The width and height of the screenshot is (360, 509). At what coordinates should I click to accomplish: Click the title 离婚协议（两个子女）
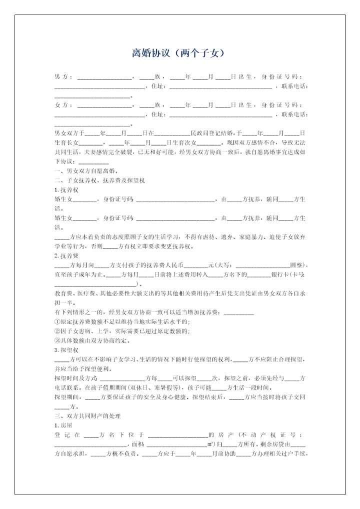point(179,53)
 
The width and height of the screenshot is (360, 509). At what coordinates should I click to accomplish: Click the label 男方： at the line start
point(63,77)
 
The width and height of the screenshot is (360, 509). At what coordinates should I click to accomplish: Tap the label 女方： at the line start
point(63,105)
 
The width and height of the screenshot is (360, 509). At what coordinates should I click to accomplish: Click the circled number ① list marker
point(57,321)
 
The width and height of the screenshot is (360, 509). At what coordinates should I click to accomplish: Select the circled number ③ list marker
point(57,340)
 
